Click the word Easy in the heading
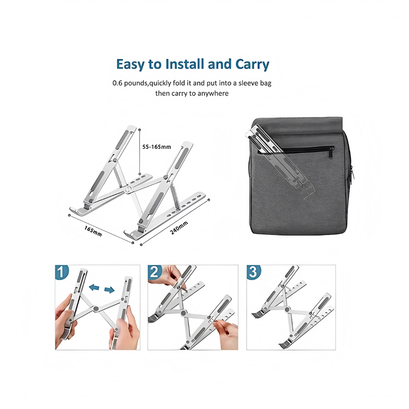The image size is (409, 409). point(131,65)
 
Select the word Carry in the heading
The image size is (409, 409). point(252,65)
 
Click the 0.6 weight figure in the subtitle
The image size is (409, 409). point(117,83)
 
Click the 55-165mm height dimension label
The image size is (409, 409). point(157,147)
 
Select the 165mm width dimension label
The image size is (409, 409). point(93,231)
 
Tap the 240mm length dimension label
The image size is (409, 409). point(179,228)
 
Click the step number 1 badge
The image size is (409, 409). point(62,272)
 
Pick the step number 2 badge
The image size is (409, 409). point(155,272)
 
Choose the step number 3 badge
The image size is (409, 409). point(253,272)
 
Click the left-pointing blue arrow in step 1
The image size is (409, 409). point(94,288)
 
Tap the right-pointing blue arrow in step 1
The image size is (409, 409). point(110,290)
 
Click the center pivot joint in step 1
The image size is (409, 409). point(96,309)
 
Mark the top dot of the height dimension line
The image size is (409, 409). point(140,130)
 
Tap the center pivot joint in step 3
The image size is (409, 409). point(287,310)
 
